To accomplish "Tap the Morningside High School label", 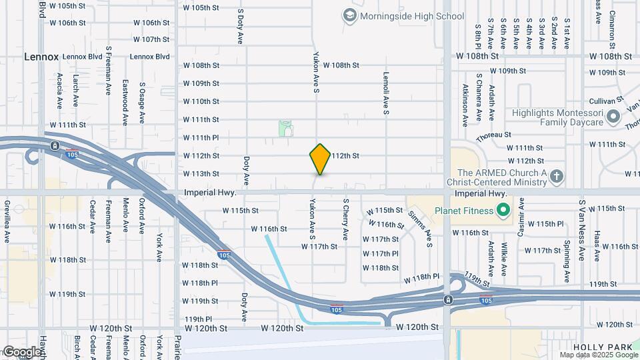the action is [411, 15].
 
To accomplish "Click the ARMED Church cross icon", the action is [557, 177].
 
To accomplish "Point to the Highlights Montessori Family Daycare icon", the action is [614, 118].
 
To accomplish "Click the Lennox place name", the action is [41, 57].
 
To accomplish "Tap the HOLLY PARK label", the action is [597, 347].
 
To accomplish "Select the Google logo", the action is [22, 352].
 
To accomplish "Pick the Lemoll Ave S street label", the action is [385, 93].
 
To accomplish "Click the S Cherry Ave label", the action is [345, 219].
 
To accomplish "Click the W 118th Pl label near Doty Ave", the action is [200, 283].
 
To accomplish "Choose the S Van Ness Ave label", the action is [582, 221].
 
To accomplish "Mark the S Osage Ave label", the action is [142, 103].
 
